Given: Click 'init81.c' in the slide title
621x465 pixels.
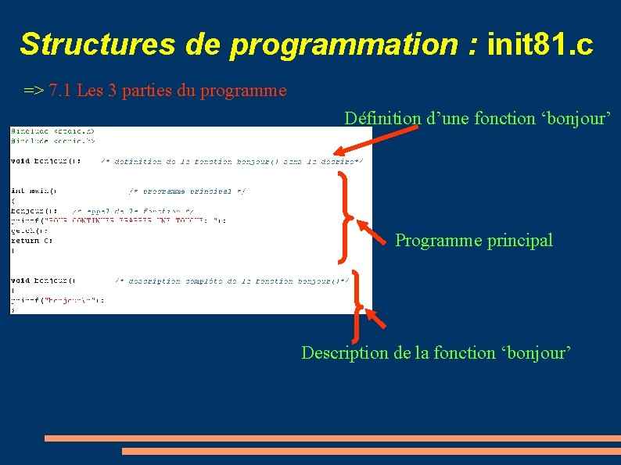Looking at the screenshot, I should [540, 45].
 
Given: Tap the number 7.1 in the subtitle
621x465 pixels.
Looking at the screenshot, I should [59, 91].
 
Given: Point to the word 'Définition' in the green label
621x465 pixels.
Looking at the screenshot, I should [382, 118].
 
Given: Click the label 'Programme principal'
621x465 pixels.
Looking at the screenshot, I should [473, 240].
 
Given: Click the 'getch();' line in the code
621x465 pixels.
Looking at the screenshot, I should [25, 231].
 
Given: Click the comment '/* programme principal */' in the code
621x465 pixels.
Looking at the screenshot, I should [187, 190].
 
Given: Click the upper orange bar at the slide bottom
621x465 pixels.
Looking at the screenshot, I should [332, 438].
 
